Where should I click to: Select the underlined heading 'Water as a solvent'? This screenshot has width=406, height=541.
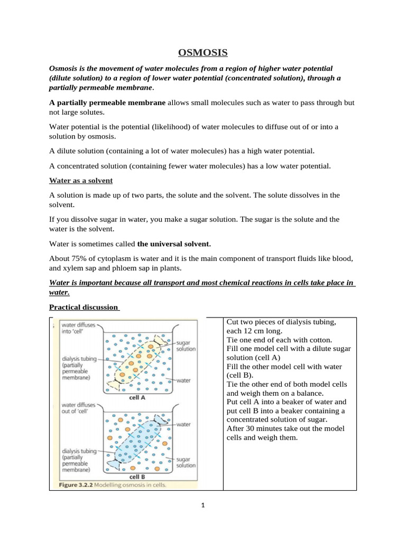point(81,181)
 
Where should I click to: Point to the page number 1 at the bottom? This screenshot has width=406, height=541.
point(203,505)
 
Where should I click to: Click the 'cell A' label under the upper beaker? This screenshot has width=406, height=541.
point(137,397)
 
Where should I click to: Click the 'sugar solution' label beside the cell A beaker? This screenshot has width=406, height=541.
point(186,346)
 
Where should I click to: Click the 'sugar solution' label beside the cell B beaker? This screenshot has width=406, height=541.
point(186,463)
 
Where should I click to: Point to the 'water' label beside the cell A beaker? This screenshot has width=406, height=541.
point(183,380)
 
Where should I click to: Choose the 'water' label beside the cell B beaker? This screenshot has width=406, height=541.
point(183,424)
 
